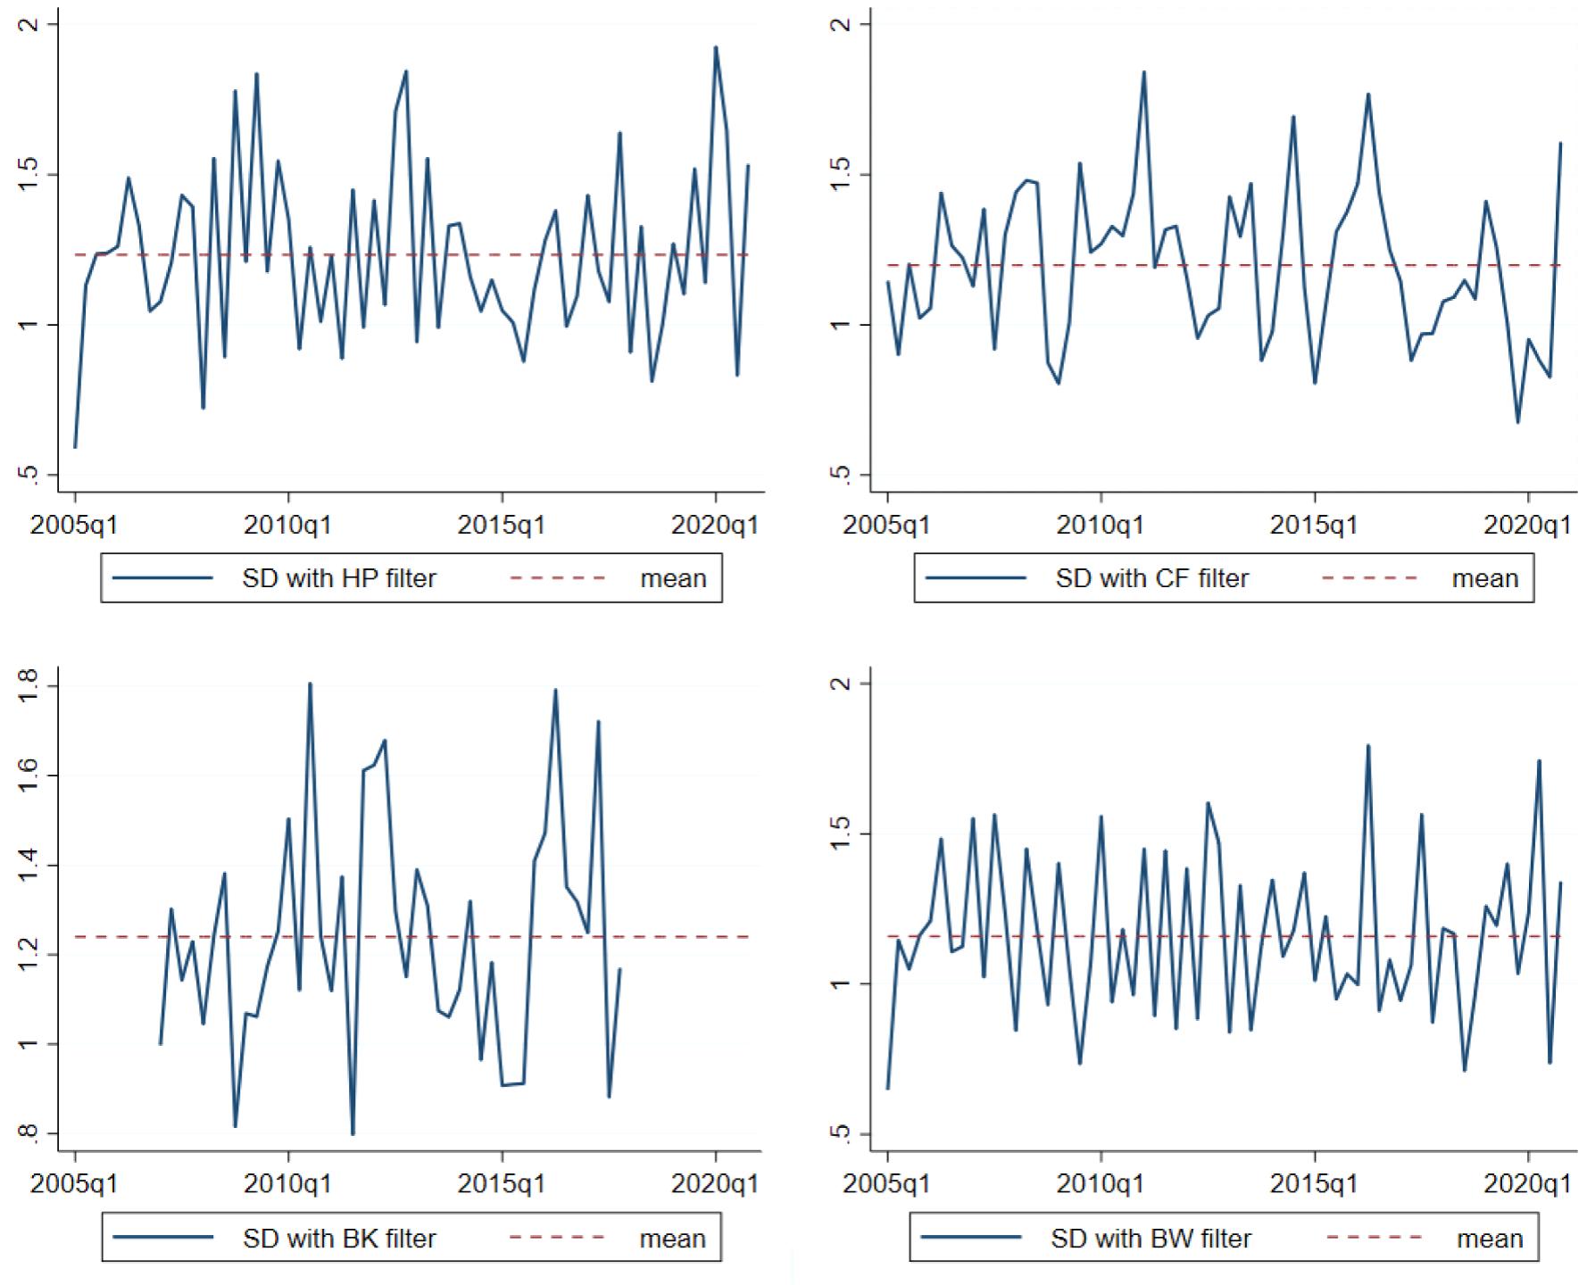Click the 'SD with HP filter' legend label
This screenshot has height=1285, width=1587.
338,578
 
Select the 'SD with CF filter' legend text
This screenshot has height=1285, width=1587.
1151,578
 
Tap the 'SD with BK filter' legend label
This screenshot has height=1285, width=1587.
338,1239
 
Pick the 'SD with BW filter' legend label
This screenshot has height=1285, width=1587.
1151,1239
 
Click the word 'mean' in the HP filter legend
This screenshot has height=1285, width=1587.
673,578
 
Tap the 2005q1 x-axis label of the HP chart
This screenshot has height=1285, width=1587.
75,525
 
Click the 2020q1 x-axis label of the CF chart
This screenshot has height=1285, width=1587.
1527,525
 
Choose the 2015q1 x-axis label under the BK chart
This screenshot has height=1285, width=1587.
502,1184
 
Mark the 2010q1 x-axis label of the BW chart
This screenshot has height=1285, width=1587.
1101,1184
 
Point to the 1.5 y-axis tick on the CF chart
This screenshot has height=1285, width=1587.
839,175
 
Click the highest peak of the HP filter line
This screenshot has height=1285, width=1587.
716,47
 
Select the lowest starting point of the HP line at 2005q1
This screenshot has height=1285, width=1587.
75,447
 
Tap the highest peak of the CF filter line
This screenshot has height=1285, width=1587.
1143,72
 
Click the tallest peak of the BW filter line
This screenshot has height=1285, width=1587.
1367,746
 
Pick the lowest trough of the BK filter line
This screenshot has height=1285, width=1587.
353,1134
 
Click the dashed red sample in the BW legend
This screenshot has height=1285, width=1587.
1375,1239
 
